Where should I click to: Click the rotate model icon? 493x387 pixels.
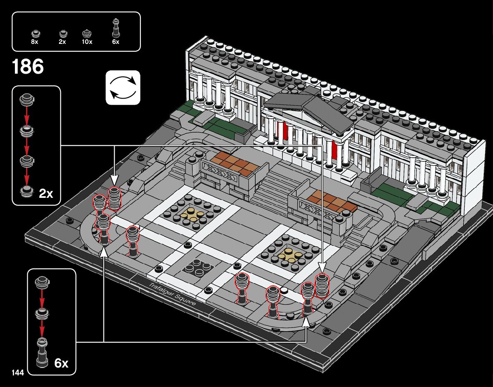[x=123, y=87]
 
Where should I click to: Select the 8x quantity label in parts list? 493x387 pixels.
[x=35, y=42]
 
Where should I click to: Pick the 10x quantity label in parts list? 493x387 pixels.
[x=87, y=42]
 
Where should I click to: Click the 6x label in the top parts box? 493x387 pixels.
[x=115, y=42]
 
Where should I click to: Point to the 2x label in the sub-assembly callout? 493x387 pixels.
[x=46, y=193]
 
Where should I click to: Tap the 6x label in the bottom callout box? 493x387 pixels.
[x=61, y=363]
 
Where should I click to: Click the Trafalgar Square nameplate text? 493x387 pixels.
[x=172, y=294]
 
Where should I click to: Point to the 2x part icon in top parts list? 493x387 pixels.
[x=63, y=33]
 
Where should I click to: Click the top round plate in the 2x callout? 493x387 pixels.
[x=27, y=99]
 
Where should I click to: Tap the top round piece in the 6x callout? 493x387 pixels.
[x=42, y=282]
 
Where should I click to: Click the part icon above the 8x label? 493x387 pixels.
[x=35, y=33]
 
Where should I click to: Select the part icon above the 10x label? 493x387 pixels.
[x=87, y=33]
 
